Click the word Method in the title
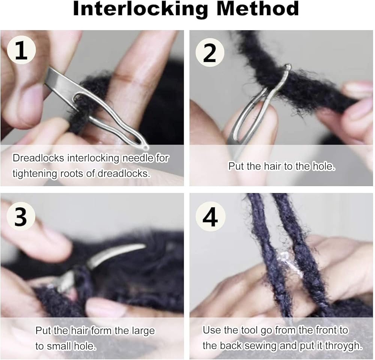258,9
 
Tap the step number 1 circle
21,50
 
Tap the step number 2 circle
210,52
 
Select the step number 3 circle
21,216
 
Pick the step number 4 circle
210,217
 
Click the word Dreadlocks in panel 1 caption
38,158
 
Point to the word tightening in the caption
35,174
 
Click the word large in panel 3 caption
143,331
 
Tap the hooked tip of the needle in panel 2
288,66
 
